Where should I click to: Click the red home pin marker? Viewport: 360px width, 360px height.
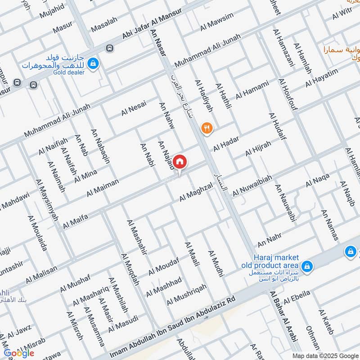pyautogui.click(x=180, y=162)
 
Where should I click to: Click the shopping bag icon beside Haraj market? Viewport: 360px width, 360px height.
pyautogui.click(x=307, y=266)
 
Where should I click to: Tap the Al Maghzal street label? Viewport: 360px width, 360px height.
pyautogui.click(x=196, y=193)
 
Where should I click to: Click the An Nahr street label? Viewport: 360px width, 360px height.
pyautogui.click(x=269, y=240)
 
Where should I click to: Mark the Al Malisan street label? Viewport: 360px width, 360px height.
pyautogui.click(x=41, y=274)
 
